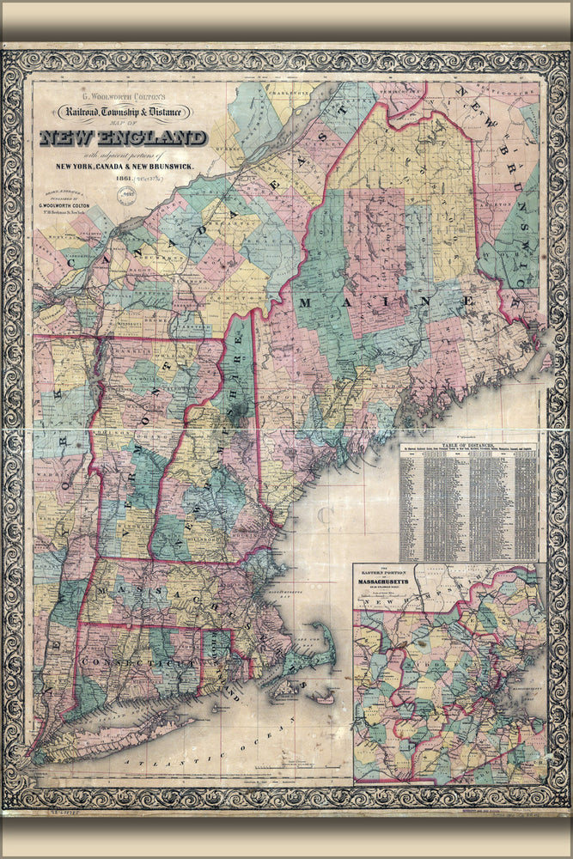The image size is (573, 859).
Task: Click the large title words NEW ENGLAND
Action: (123, 137)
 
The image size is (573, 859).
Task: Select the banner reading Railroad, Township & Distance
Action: (131, 111)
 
